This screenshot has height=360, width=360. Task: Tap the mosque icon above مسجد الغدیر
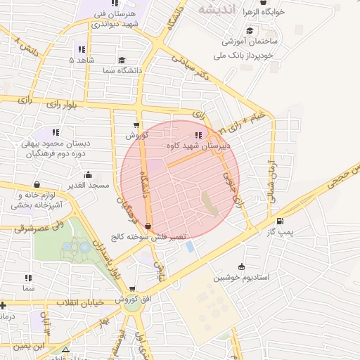coord(88,175)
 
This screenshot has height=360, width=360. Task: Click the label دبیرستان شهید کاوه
coord(200,146)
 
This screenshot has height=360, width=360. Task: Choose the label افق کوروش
coord(131,300)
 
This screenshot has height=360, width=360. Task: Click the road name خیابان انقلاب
coord(78,302)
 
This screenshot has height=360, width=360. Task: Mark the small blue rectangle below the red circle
coord(191,246)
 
